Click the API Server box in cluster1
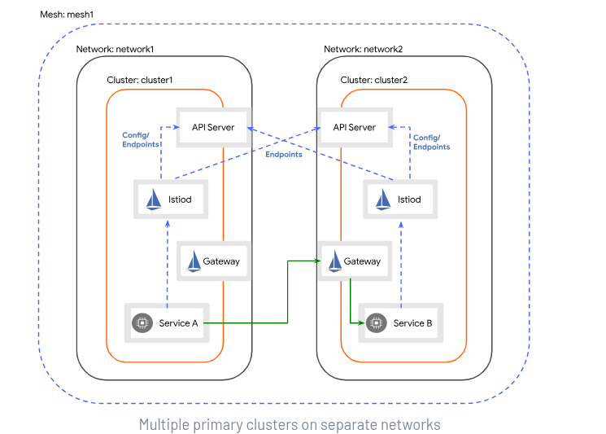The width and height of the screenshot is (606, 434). point(212,127)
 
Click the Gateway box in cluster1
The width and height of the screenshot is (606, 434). point(211,261)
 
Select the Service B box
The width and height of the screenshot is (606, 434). point(401,323)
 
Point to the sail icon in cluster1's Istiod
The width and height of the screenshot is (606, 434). point(154,199)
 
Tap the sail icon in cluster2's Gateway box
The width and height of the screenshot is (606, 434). point(334,261)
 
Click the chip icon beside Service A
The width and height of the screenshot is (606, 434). point(142,323)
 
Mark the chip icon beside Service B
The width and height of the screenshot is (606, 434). point(377,323)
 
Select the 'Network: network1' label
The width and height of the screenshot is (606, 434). point(116,49)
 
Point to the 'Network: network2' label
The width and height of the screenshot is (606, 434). point(363,49)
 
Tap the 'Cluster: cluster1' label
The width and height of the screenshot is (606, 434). point(141,80)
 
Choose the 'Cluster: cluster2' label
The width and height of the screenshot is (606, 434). point(374,80)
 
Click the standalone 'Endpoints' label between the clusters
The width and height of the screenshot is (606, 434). point(283,154)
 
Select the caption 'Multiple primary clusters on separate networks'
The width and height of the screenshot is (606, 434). point(290,424)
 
